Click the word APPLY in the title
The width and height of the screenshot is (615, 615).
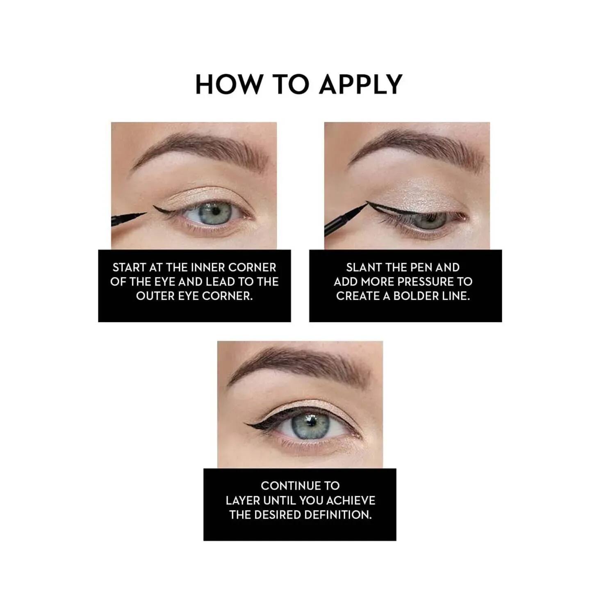coord(361,84)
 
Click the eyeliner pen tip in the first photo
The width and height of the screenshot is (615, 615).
coord(146,213)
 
